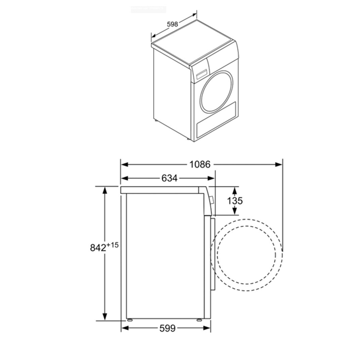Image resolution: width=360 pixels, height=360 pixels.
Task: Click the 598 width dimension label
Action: (173, 24)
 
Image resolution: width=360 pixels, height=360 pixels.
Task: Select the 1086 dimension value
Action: (199, 164)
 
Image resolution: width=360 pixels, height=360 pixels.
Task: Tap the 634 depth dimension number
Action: (169, 179)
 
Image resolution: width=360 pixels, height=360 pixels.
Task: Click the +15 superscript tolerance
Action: (113, 245)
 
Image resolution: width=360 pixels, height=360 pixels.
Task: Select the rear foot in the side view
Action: (130, 318)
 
